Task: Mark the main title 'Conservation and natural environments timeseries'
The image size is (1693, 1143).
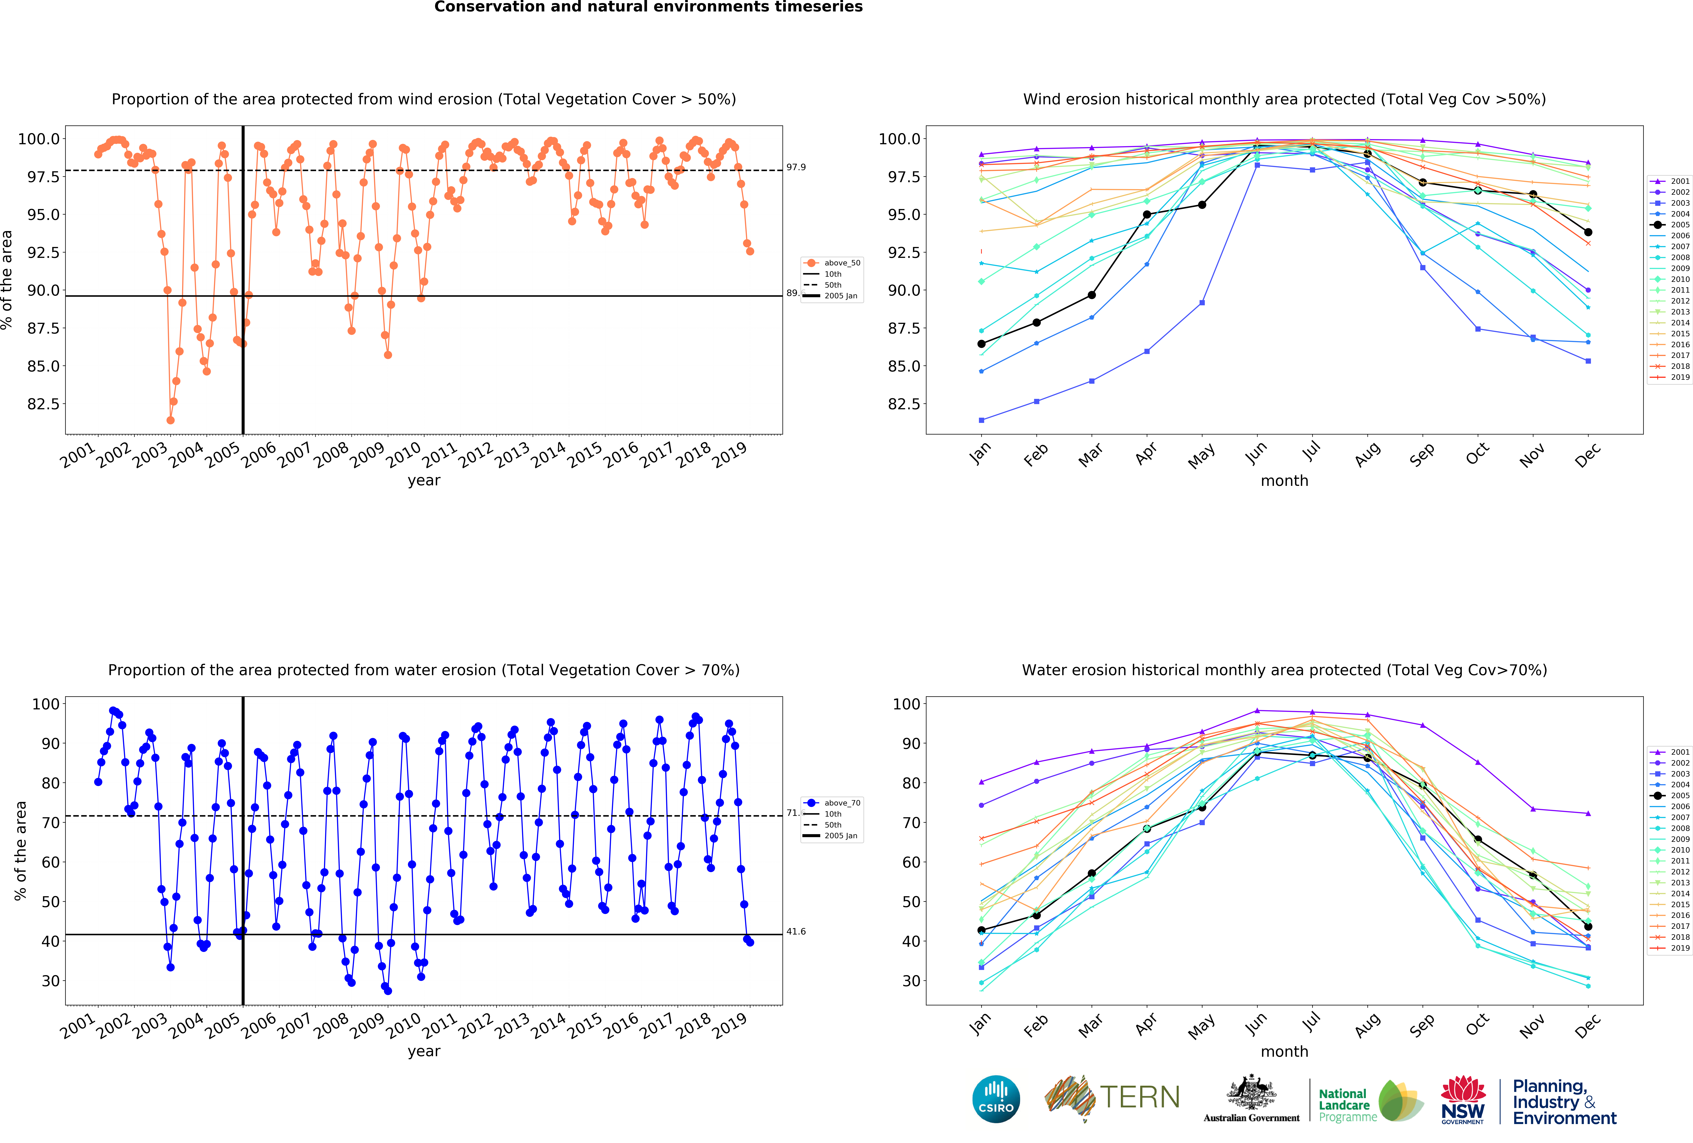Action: click(648, 7)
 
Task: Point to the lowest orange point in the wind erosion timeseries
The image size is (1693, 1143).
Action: click(170, 420)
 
